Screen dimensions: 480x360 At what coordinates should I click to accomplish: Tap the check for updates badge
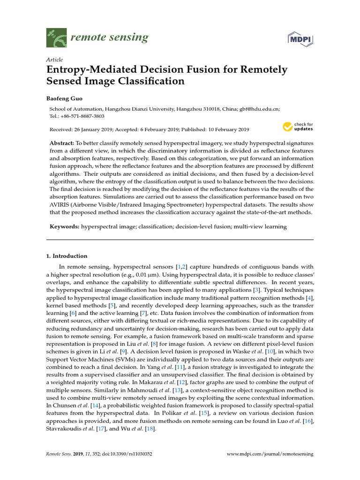tap(297, 127)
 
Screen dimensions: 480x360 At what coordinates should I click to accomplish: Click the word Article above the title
tap(55, 60)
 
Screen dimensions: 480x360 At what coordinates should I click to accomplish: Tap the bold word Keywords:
tap(64, 226)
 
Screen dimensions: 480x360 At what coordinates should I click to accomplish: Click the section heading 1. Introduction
tap(67, 256)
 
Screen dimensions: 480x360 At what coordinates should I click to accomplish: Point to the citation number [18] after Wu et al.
tap(150, 429)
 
